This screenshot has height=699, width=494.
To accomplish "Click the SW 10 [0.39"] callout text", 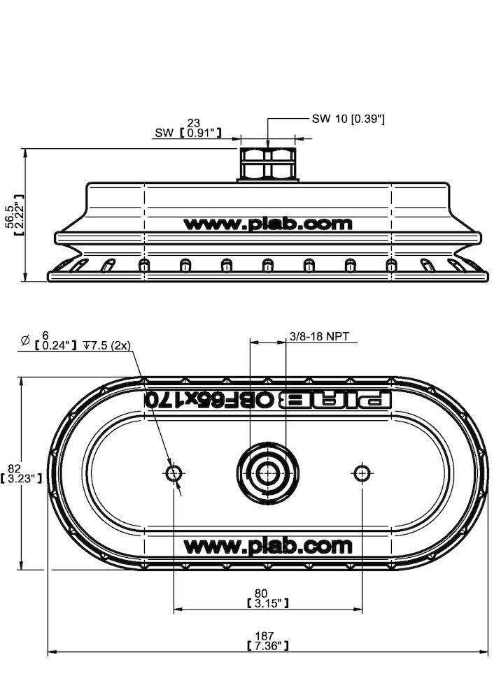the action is [x=348, y=119].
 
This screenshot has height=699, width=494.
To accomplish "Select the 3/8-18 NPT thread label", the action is [x=320, y=336].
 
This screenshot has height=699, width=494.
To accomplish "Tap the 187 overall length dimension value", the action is [x=264, y=635].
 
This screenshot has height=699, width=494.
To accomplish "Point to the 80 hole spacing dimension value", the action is [x=261, y=593].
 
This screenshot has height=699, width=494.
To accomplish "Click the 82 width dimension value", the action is [x=14, y=468].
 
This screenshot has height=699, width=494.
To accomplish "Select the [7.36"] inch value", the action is [x=267, y=645].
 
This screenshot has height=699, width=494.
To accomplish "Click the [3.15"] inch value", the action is [x=267, y=603].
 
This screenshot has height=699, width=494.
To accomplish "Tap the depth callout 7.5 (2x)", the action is [x=107, y=345].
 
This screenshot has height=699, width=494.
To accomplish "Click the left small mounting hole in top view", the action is [x=174, y=473].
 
